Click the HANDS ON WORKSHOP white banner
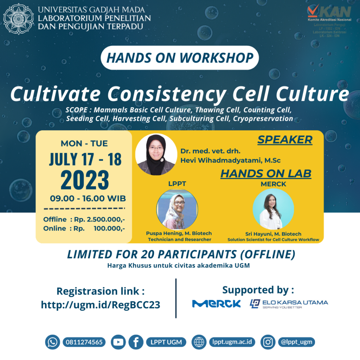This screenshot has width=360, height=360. click(x=180, y=58)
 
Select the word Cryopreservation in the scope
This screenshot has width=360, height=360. click(x=263, y=119)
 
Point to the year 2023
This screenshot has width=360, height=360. click(x=85, y=180)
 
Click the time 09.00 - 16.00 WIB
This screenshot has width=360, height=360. click(x=88, y=198)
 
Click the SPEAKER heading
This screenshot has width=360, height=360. click(x=285, y=140)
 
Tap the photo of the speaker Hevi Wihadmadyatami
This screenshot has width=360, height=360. click(x=156, y=155)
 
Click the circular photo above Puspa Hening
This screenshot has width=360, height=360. click(x=177, y=209)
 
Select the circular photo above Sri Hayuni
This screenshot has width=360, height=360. click(x=273, y=209)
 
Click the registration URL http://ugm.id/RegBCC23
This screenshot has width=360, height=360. click(x=101, y=305)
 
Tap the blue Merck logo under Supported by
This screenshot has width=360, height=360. click(x=217, y=303)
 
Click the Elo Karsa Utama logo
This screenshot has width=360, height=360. click(x=289, y=304)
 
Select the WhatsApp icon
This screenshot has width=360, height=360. click(x=52, y=342)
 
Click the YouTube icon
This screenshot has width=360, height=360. click(x=118, y=342)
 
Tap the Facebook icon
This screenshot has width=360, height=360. click(x=136, y=342)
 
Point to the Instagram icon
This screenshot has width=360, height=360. click(x=268, y=342)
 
